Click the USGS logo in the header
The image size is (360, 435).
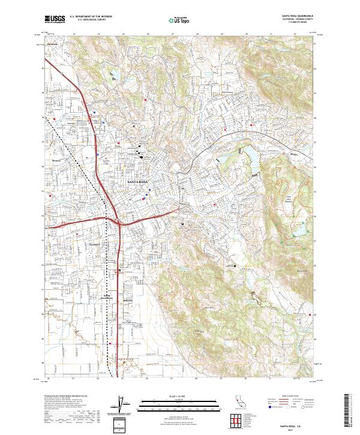(54, 20)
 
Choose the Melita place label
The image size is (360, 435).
(294, 154)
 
